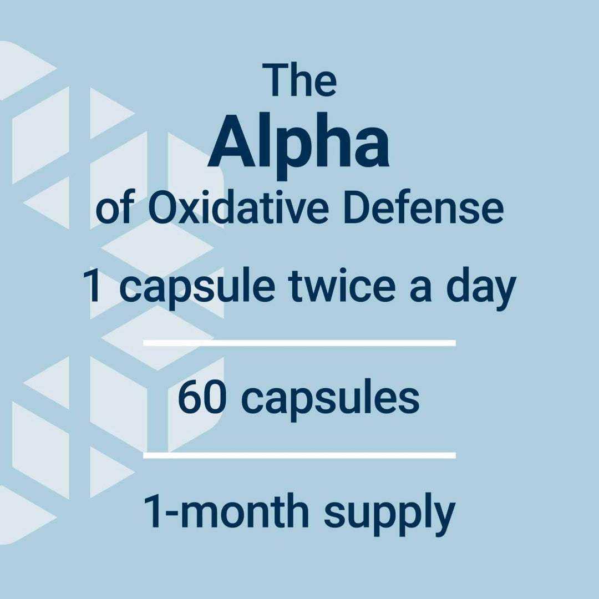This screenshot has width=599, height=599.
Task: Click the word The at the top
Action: [299, 81]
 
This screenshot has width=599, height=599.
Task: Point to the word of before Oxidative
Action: [114, 211]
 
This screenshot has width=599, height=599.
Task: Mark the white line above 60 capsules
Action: [299, 343]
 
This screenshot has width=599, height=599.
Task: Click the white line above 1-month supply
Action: [299, 455]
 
